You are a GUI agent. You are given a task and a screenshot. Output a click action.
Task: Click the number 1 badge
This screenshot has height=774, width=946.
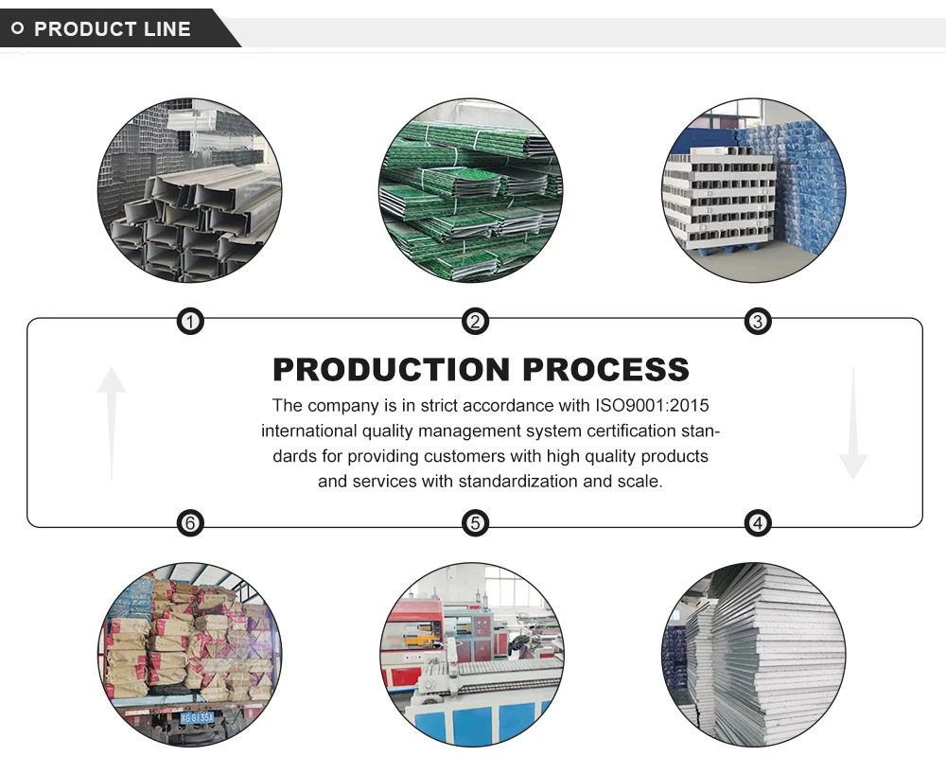click(x=190, y=322)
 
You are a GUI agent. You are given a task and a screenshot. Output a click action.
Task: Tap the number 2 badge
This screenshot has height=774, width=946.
click(x=475, y=322)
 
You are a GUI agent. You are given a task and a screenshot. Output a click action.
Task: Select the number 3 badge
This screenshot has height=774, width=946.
click(x=757, y=322)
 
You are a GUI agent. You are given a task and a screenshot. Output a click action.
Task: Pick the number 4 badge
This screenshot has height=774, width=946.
click(x=757, y=522)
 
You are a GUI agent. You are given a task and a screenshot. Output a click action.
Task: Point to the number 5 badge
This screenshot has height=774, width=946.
click(x=475, y=522)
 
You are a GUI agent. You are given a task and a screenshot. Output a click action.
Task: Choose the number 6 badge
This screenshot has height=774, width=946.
click(x=190, y=522)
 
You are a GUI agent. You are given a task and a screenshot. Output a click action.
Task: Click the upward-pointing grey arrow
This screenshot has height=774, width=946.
click(x=112, y=421)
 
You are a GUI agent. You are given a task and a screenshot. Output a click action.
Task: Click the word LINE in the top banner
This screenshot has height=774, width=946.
click(x=167, y=29)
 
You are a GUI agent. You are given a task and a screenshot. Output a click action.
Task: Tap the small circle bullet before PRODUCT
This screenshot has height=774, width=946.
click(x=17, y=29)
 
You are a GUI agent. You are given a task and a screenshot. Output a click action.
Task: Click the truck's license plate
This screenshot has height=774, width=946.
click(x=197, y=718)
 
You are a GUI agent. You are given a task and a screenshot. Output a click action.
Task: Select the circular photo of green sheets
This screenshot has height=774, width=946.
click(x=471, y=190)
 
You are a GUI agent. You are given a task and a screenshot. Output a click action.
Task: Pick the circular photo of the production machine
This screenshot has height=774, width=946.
click(x=471, y=655)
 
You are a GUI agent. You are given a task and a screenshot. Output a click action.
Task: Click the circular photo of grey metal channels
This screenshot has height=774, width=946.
click(x=189, y=190)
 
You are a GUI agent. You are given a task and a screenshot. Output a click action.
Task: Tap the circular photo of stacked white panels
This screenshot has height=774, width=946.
click(x=753, y=655)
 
